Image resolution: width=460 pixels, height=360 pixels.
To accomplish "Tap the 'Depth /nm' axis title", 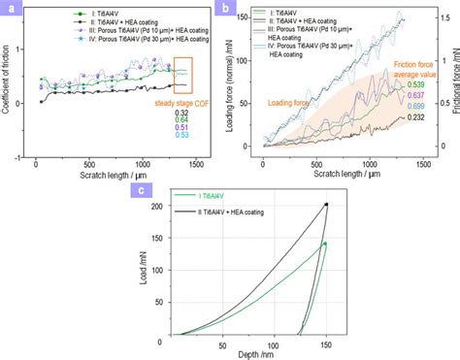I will (246, 353).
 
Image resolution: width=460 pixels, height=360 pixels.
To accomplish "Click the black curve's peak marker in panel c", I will (326, 205).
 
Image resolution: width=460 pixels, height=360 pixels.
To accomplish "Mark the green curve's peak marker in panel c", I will (325, 244).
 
